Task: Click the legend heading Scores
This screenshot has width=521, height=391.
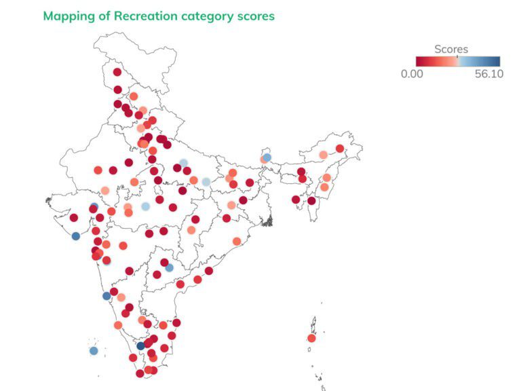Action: coord(451,49)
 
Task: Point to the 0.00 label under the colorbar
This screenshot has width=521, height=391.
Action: coord(412,74)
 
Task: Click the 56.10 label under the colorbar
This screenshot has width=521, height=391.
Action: coord(488,74)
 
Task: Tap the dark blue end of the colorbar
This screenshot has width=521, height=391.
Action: coord(497,60)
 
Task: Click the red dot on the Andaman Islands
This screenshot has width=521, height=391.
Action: coord(311,338)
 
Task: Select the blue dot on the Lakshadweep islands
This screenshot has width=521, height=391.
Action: coord(94,351)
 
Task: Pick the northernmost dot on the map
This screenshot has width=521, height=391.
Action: coord(117,72)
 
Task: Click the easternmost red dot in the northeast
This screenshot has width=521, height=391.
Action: coord(340,149)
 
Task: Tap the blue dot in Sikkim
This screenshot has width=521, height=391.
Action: coord(267,157)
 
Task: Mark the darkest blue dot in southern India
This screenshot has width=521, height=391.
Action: coord(140,346)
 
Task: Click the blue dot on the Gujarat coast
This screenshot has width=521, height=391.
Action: coord(76,236)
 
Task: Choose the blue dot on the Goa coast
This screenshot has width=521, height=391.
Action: coord(107,296)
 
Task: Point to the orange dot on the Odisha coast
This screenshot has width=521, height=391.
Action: coord(237,241)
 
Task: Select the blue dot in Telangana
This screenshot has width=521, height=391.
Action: coord(169,267)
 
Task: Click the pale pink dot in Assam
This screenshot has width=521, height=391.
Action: coord(323,155)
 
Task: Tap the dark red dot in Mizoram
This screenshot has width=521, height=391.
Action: coord(311,201)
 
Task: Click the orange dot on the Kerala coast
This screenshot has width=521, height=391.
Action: coord(118,325)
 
